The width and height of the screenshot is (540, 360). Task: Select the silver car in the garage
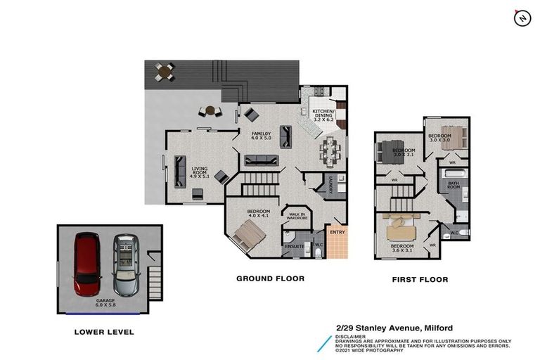coord(127,265)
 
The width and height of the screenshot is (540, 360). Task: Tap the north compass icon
coord(522,18)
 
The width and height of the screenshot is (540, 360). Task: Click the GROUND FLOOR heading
coord(270,279)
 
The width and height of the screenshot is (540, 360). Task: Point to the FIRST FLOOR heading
coord(420,280)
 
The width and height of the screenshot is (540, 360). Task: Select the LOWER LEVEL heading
coord(103,331)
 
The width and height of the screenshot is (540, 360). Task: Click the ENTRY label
coord(337,233)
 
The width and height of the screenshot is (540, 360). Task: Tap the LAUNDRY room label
coord(328,185)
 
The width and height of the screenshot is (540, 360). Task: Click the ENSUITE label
coord(293,246)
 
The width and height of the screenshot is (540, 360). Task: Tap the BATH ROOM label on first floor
coord(454,186)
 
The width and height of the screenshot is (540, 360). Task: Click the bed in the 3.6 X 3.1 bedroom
coord(403,228)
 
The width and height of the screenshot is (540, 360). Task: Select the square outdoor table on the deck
coord(165,70)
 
